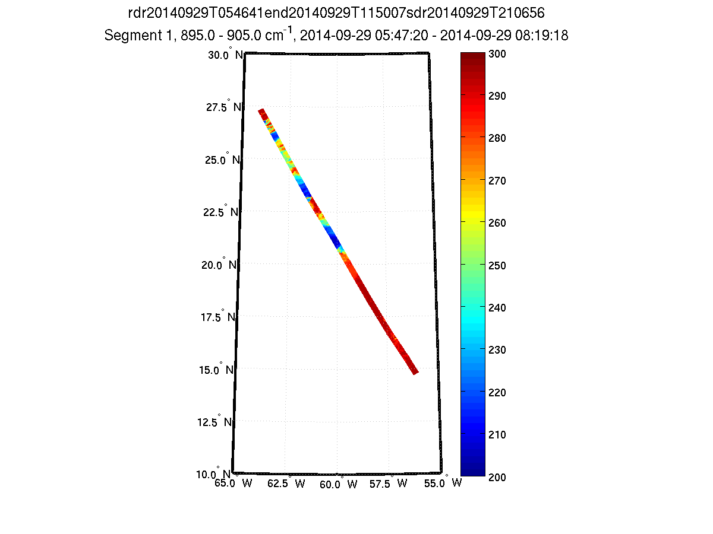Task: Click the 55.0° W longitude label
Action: point(440,484)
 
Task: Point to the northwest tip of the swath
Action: point(260,110)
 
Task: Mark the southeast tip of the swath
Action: point(416,372)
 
